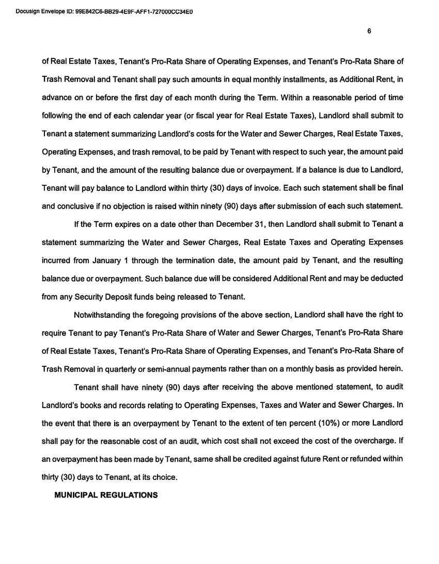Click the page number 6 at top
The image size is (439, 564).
tap(369, 31)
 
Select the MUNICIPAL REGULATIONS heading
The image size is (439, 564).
tap(106, 495)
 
